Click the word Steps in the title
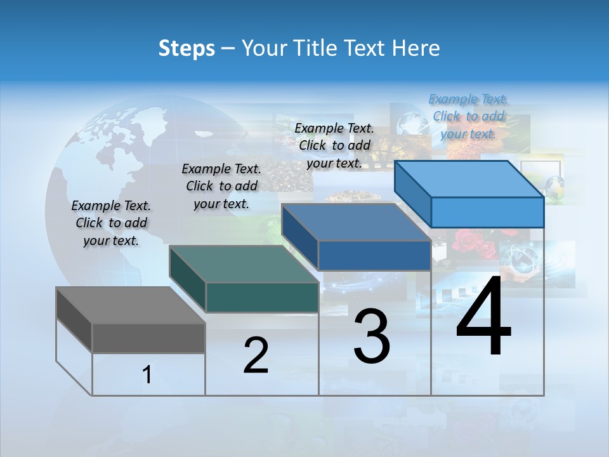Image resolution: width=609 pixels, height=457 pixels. click(x=186, y=48)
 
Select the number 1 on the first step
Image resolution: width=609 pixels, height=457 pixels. click(x=147, y=375)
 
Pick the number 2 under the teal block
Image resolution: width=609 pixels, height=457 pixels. click(x=256, y=355)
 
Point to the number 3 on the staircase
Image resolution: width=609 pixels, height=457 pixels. click(x=372, y=336)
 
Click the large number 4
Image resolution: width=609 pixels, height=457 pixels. click(x=484, y=317)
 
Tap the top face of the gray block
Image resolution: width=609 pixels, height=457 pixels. click(x=130, y=305)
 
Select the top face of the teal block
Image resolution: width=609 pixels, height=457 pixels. click(x=244, y=264)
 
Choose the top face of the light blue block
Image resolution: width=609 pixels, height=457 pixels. click(x=469, y=179)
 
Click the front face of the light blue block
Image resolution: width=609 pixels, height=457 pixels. click(x=487, y=212)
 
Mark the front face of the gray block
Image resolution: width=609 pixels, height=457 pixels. click(x=148, y=338)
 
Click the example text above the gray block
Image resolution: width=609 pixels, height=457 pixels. click(x=111, y=223)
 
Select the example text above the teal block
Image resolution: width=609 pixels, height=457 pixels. click(x=221, y=186)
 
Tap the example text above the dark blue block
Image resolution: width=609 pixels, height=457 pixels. click(x=334, y=145)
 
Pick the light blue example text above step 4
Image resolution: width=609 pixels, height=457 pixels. click(x=468, y=116)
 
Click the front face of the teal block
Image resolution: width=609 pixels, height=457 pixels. click(x=262, y=297)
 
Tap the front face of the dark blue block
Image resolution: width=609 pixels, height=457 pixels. click(x=374, y=255)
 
